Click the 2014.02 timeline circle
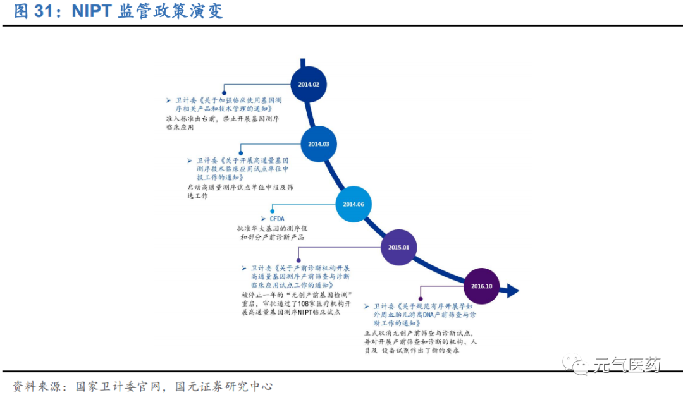point(308,84)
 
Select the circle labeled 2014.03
point(319,143)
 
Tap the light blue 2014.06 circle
point(353,204)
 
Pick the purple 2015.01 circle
point(399,247)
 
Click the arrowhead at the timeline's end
point(512,291)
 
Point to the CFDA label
point(277,219)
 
